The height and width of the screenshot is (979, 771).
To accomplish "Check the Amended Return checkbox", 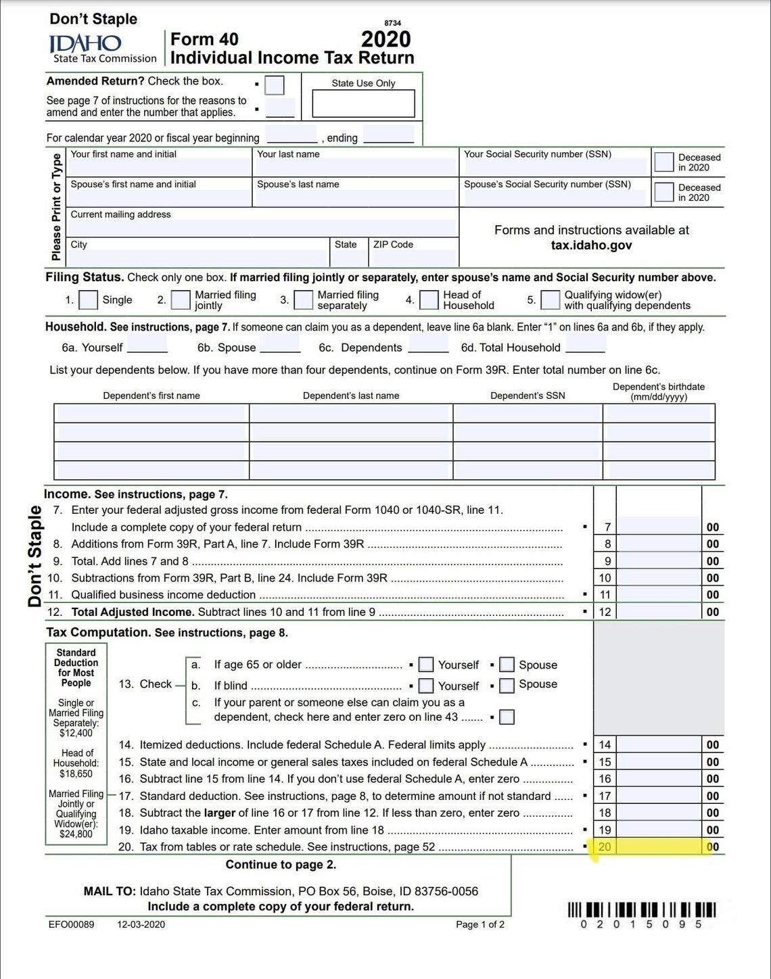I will [275, 85].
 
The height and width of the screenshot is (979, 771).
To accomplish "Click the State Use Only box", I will [363, 103].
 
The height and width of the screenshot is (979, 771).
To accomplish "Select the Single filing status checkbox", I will [89, 300].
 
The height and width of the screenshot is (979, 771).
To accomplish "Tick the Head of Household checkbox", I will [429, 300].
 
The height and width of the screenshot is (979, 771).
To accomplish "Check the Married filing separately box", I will [304, 300].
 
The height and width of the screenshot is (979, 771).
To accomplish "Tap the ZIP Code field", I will [413, 257].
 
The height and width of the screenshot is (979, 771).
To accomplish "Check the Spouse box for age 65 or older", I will [507, 665].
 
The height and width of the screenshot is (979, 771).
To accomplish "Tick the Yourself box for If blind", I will [426, 686].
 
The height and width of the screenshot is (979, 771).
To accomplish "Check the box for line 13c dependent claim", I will [507, 717].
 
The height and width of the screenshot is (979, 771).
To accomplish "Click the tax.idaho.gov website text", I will [591, 245].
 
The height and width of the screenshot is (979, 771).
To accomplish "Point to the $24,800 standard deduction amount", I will [76, 834].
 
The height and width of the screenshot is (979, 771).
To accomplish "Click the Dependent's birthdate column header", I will [658, 391].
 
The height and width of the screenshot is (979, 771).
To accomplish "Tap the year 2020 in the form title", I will [385, 39].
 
